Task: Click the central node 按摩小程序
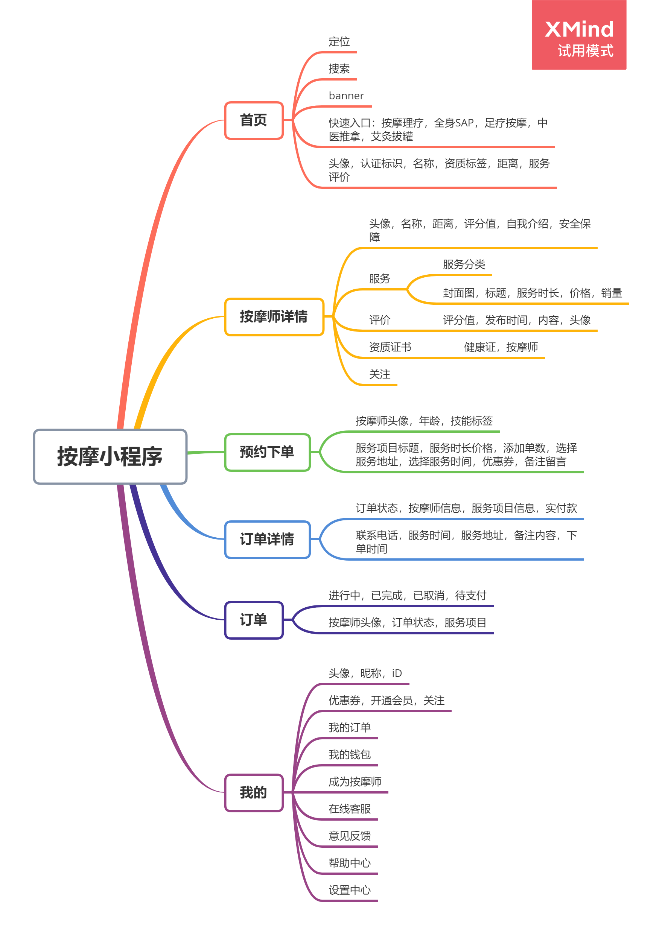[x=110, y=456]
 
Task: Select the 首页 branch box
[x=254, y=120]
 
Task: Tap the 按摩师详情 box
[x=274, y=317]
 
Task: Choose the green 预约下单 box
[x=268, y=452]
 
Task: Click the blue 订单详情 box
[x=268, y=539]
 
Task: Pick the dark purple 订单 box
[x=254, y=620]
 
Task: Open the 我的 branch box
[x=254, y=792]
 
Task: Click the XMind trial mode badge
[x=579, y=35]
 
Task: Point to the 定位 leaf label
[x=339, y=41]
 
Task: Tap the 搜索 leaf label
[x=339, y=68]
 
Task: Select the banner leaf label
[x=346, y=96]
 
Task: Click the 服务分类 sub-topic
[x=464, y=265]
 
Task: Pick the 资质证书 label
[x=390, y=347]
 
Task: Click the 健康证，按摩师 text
[x=501, y=347]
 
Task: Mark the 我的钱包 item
[x=350, y=754]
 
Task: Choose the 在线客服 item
[x=350, y=809]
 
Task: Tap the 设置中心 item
[x=350, y=890]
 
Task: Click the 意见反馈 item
[x=350, y=836]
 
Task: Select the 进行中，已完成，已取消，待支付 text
[x=408, y=596]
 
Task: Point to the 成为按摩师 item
[x=355, y=782]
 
